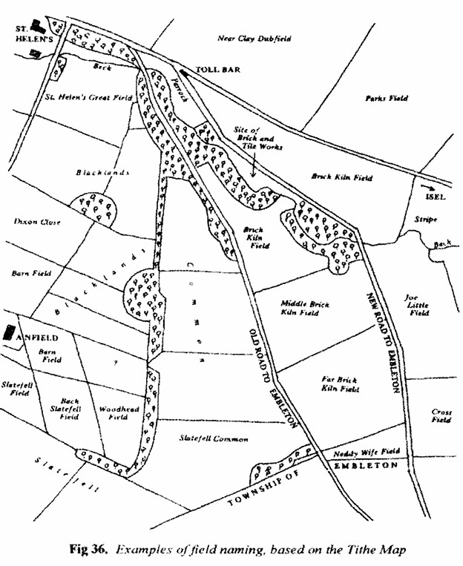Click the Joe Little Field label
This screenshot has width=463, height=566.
coord(416,305)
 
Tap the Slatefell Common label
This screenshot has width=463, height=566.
coord(213,439)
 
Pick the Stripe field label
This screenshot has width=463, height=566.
coord(427,220)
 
